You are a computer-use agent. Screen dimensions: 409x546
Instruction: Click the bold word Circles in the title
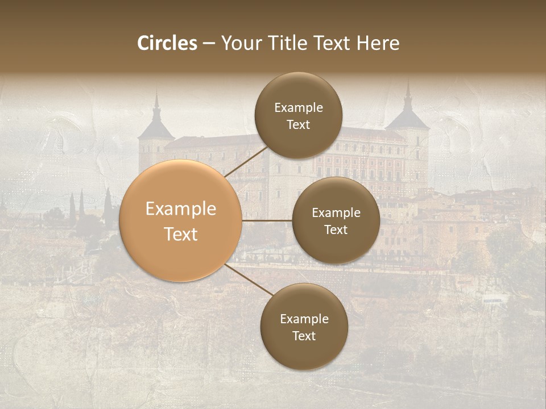(167, 43)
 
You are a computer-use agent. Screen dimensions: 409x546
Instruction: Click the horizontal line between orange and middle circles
(267, 220)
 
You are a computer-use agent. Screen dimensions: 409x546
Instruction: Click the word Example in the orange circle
(181, 209)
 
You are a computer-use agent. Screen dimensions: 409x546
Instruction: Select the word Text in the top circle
(298, 124)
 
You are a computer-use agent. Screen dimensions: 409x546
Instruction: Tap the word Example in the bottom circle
(304, 319)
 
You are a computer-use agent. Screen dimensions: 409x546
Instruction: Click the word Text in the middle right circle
(336, 229)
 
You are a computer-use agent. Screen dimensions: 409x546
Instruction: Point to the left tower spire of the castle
(156, 102)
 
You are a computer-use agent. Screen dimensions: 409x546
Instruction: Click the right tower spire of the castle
(407, 94)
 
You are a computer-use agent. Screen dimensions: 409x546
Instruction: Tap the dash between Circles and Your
(208, 44)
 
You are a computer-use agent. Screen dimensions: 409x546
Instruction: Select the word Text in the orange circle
(181, 234)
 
